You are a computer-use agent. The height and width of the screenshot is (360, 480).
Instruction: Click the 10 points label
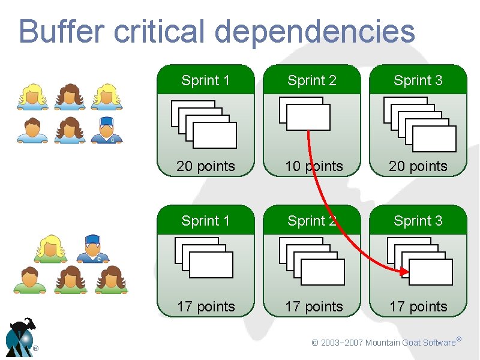tap(314, 166)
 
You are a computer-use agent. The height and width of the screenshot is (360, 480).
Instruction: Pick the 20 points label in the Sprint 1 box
tap(206, 166)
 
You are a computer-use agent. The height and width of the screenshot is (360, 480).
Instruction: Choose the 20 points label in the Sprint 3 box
tap(418, 166)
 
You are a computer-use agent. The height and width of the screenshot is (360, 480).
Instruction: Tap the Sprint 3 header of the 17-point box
tap(418, 221)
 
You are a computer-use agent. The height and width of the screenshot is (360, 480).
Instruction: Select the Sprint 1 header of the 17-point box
tap(206, 221)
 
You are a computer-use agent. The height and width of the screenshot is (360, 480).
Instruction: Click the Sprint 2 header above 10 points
tap(312, 80)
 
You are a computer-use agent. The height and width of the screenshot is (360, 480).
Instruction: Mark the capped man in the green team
tap(92, 248)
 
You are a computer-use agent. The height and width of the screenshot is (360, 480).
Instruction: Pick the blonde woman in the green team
tap(50, 248)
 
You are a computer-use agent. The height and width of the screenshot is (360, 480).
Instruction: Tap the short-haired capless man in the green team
tap(29, 280)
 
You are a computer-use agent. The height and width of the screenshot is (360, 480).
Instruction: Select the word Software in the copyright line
tap(439, 343)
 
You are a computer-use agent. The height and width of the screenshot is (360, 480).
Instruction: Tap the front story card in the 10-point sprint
tap(308, 118)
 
